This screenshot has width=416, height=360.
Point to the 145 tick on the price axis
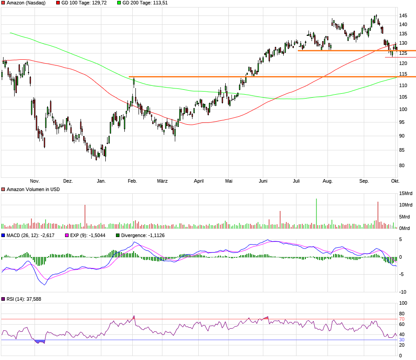[x=403, y=15]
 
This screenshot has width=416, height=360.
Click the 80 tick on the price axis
[x=402, y=166]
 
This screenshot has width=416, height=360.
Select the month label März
[x=162, y=181]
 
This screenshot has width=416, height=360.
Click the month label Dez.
[x=68, y=181]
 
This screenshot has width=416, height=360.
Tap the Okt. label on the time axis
[x=395, y=181]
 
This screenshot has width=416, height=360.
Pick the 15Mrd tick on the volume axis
[x=406, y=193]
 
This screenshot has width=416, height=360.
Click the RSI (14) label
[x=23, y=299]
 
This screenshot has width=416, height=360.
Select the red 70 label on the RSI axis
[x=402, y=319]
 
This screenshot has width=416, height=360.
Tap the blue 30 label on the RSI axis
[x=402, y=340]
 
